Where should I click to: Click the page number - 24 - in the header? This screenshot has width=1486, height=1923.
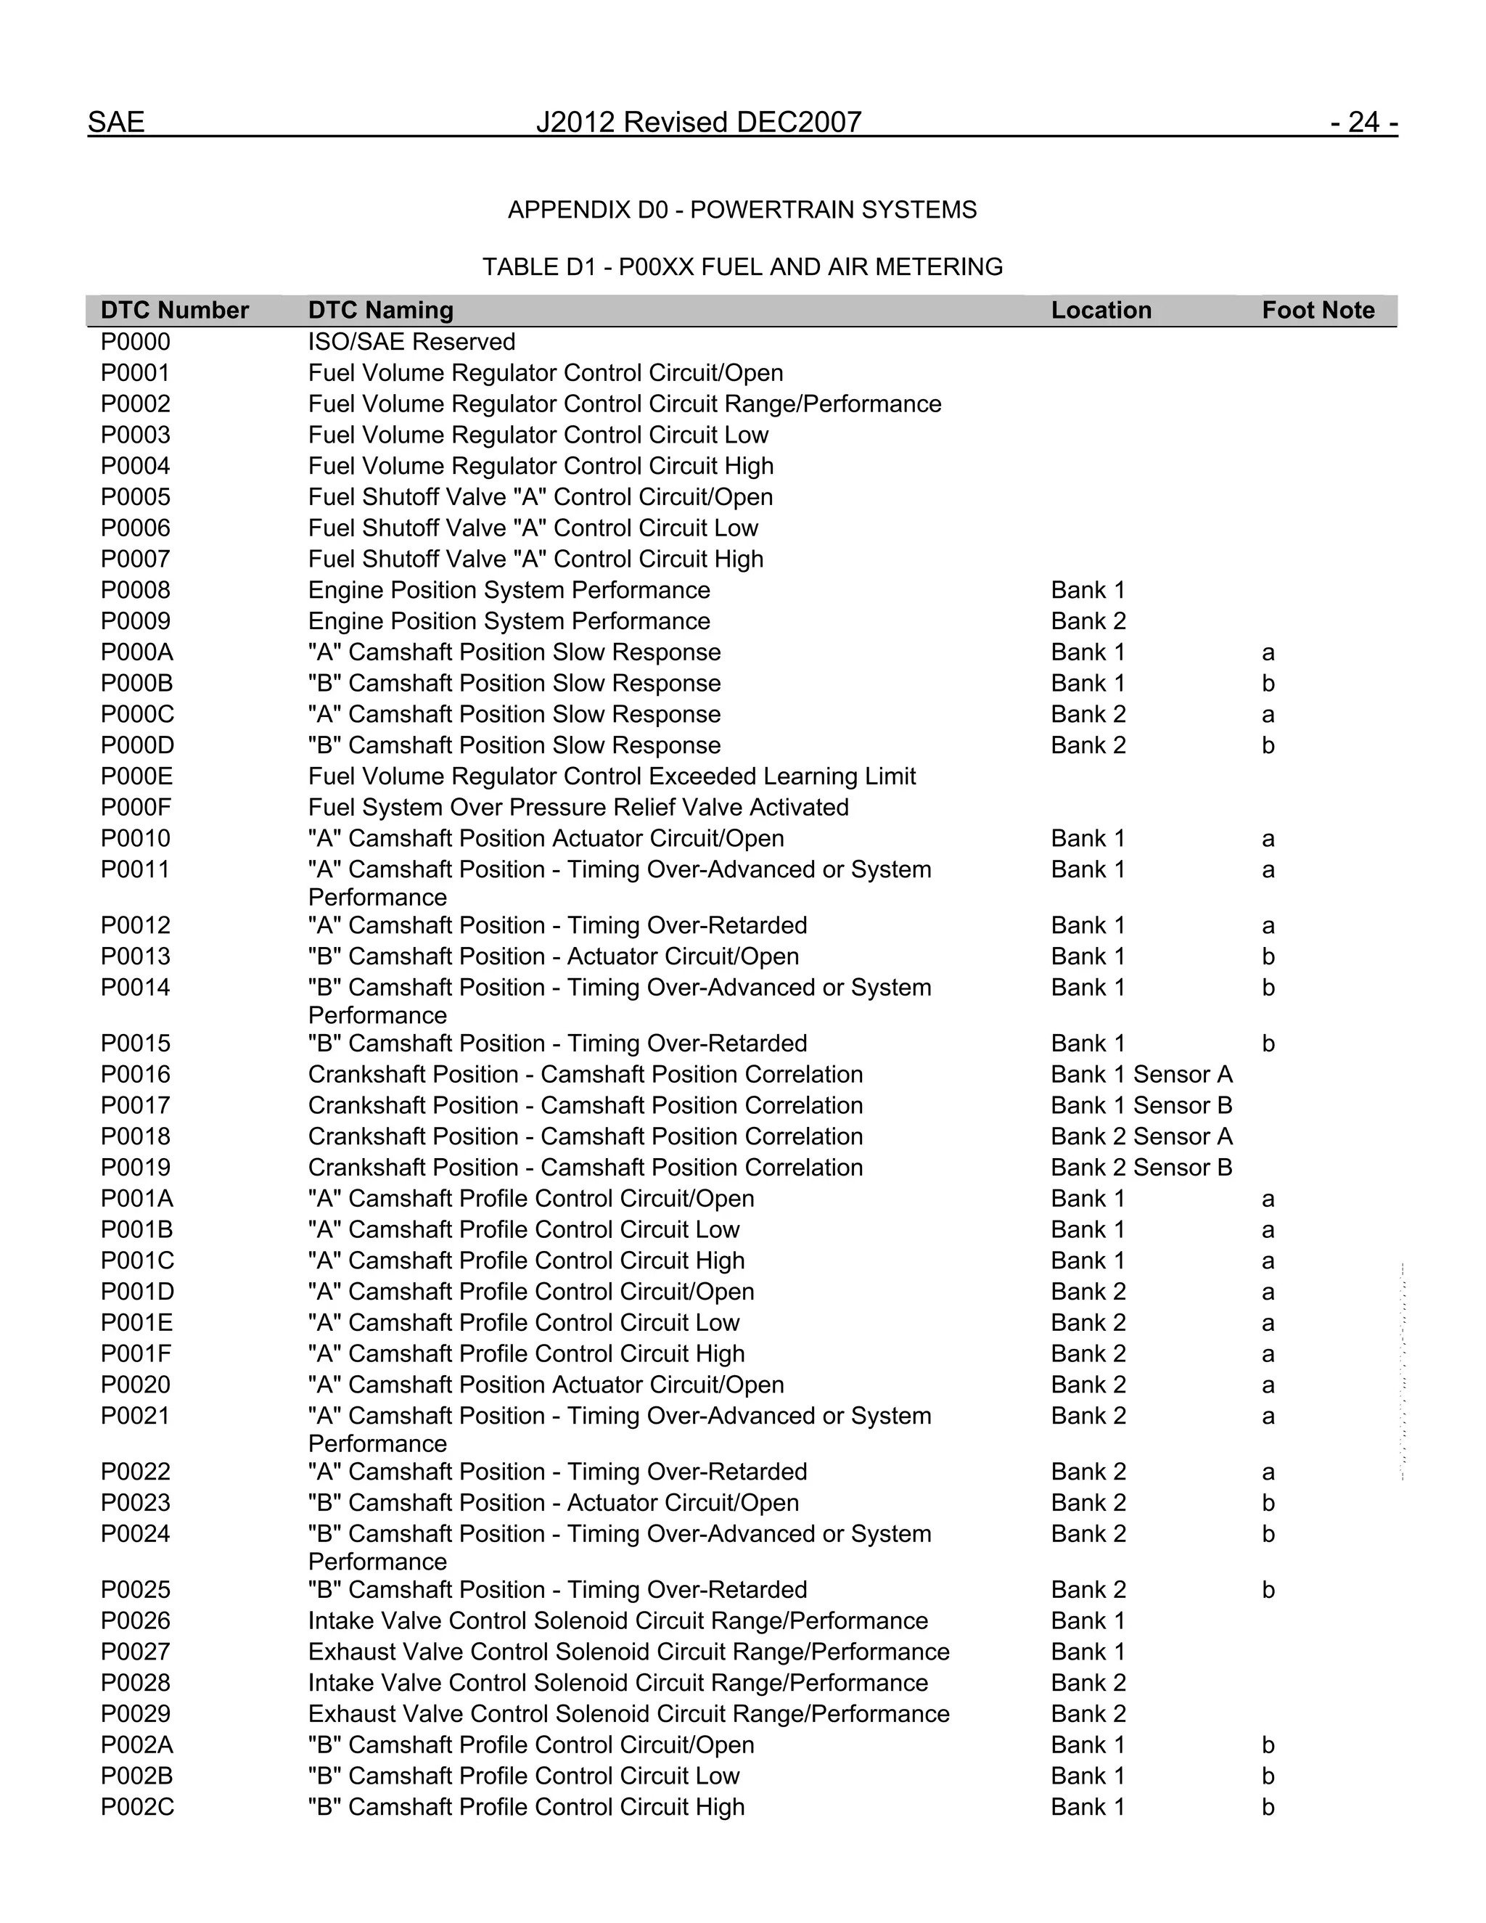click(1363, 121)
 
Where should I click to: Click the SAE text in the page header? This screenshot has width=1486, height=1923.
click(115, 121)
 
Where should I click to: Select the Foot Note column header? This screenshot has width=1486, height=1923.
click(1317, 310)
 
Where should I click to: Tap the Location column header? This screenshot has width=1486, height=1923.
click(1101, 310)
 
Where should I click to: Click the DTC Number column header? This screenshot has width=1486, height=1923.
click(174, 310)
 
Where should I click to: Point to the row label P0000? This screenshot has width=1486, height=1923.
click(135, 342)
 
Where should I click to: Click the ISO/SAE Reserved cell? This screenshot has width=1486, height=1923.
click(411, 342)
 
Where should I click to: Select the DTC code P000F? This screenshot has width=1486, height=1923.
click(136, 808)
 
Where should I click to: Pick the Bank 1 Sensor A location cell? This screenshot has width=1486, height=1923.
click(1141, 1074)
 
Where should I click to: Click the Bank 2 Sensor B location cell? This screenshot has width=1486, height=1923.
click(1141, 1168)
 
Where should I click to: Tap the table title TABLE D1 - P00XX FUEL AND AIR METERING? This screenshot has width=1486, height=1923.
click(742, 267)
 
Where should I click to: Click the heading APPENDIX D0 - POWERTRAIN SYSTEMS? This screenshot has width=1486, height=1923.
click(742, 210)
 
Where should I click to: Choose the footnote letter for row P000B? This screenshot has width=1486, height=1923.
click(1268, 684)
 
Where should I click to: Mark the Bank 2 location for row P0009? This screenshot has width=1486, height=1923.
click(1088, 620)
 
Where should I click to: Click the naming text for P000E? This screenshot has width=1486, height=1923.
click(611, 776)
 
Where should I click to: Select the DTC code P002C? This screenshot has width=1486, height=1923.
click(136, 1807)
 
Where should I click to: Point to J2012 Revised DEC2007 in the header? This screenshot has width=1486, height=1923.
click(698, 121)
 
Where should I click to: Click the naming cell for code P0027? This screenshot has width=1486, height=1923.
click(628, 1652)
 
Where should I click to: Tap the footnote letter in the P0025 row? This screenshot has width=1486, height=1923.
click(1268, 1589)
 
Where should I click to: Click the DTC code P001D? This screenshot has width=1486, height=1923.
click(136, 1292)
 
